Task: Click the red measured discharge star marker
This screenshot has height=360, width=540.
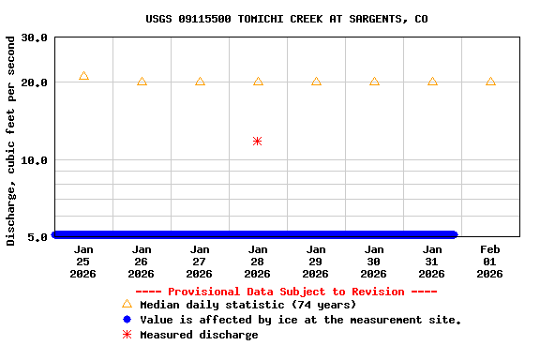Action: coord(257,141)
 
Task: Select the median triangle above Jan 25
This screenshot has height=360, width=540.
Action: coord(83,76)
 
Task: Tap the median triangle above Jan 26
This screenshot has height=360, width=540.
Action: coord(142,82)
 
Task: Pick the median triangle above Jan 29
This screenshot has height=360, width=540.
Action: coord(316,82)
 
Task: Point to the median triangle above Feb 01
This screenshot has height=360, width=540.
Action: coord(490,82)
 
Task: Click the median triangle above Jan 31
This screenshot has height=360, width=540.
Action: coord(432,82)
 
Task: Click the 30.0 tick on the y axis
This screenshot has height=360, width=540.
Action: coord(35,38)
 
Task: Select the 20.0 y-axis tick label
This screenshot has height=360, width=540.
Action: coord(35,82)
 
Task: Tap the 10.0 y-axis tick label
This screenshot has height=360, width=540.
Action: coord(35,160)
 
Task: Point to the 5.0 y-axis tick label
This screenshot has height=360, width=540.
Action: coord(38,237)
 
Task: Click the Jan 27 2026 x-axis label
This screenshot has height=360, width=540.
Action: coord(200,262)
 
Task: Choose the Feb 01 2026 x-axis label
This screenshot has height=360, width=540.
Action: coord(490,262)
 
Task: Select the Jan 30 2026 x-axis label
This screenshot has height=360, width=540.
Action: coord(374,262)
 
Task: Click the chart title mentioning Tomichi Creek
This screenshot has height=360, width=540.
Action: coord(287,19)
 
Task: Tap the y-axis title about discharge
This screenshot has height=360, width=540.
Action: coord(11,141)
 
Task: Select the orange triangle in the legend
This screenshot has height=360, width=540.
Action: coord(127,304)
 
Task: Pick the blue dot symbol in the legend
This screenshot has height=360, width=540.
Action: coord(127,320)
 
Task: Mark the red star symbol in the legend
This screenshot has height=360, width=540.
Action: coord(127,335)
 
